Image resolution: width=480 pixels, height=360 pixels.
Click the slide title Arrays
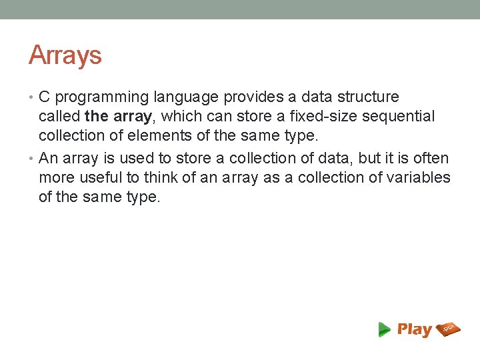point(65,55)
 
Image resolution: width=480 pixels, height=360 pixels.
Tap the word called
point(59,117)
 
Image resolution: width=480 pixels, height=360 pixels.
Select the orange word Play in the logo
point(415,329)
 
